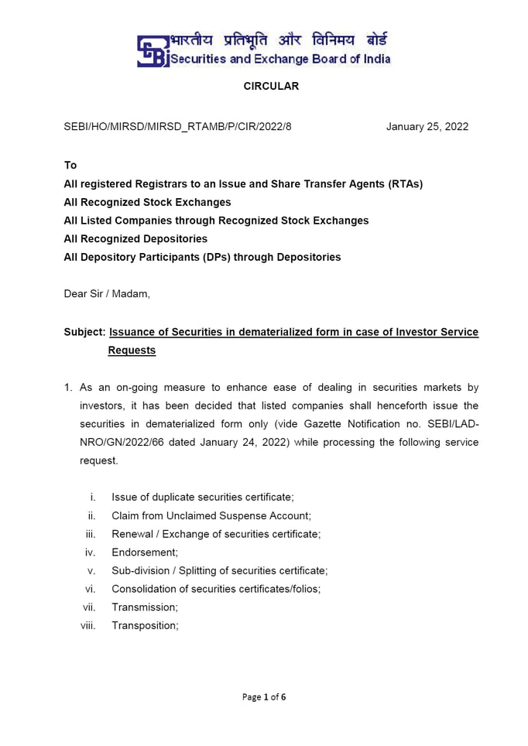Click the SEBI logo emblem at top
[153, 50]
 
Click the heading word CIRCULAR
[271, 87]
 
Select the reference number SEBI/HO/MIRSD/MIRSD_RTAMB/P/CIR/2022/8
[177, 127]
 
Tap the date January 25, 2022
[427, 127]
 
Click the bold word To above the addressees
[70, 166]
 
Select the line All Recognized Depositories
[135, 239]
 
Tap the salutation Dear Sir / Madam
[107, 294]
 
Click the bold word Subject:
[84, 332]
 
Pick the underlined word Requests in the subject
[132, 351]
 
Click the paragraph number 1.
[68, 388]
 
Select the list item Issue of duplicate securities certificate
[202, 498]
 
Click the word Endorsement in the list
[144, 553]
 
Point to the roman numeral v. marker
[91, 571]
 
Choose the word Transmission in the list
[144, 607]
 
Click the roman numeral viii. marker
[88, 626]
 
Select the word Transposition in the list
[145, 626]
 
